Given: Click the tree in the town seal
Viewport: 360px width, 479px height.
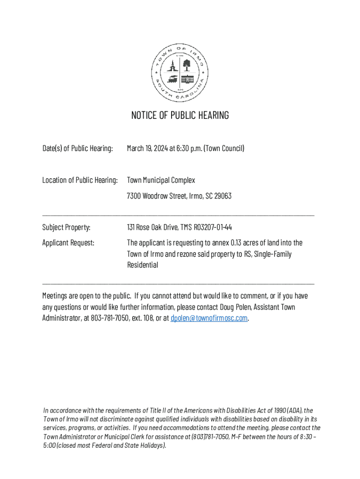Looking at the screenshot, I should point(187,65).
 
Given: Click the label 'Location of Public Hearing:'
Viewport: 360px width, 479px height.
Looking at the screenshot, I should point(80,181).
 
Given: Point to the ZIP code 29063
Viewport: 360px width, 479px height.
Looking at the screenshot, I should point(222,196).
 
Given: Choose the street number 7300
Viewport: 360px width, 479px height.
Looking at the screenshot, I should point(134,196).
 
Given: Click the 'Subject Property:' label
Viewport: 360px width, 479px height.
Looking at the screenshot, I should point(66,228).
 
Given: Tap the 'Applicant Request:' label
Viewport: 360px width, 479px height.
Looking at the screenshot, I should point(68,243).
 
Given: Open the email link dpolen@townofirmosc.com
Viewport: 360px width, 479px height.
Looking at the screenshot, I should point(209,319).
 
